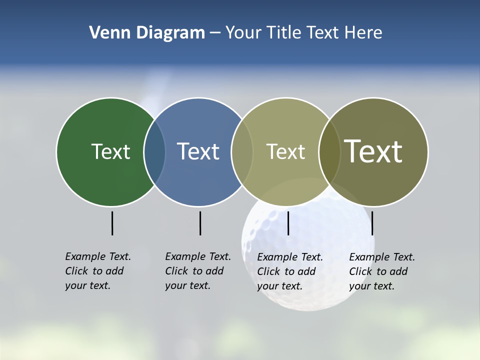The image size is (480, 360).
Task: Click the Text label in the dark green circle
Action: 110,151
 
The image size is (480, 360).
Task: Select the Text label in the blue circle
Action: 198,151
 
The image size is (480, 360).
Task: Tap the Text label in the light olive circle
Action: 285,152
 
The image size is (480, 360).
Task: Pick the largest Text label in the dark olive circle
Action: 373,151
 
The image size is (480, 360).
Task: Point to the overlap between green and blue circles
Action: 154,152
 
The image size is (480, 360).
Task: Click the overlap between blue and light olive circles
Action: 242,152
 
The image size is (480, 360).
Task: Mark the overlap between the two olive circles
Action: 329,152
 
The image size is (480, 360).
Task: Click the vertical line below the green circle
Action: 112,223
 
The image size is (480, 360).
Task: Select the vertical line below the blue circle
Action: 200,223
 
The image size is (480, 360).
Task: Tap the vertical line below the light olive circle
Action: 288,223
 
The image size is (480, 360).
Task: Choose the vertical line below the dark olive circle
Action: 372,223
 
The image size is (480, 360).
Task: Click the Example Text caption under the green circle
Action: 97,271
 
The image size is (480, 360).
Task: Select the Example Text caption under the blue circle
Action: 197,271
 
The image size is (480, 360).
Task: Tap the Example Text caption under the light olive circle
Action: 289,271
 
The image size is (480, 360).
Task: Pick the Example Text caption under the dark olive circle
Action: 381,271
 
